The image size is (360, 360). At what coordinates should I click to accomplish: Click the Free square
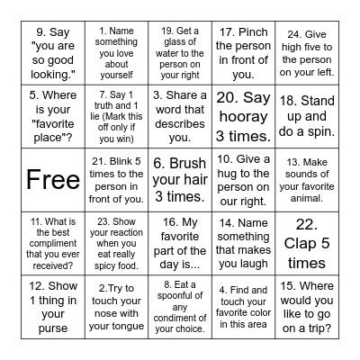pyautogui.click(x=53, y=179)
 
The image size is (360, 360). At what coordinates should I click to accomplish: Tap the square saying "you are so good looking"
pyautogui.click(x=53, y=53)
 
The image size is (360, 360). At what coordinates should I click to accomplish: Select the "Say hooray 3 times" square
pyautogui.click(x=242, y=116)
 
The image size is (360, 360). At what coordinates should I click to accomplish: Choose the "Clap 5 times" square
pyautogui.click(x=306, y=242)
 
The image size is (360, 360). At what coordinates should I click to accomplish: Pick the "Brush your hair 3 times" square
pyautogui.click(x=179, y=179)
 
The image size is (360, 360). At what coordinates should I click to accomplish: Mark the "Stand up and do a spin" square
pyautogui.click(x=306, y=116)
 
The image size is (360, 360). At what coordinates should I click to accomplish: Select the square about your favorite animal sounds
pyautogui.click(x=306, y=179)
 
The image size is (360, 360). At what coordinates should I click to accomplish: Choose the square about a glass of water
pyautogui.click(x=179, y=53)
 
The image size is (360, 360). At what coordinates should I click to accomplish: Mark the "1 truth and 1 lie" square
pyautogui.click(x=116, y=116)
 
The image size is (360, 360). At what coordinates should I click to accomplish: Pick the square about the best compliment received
pyautogui.click(x=53, y=242)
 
